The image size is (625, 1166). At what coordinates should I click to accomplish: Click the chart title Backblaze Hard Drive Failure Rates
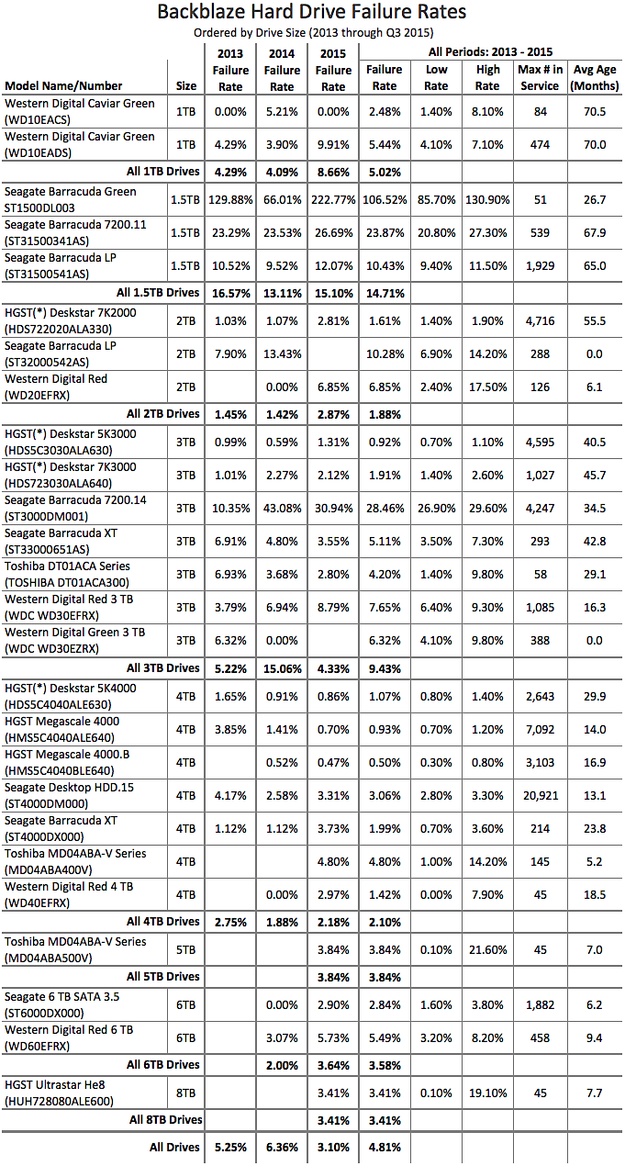point(312,12)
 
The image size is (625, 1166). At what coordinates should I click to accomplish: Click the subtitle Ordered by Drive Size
point(312,32)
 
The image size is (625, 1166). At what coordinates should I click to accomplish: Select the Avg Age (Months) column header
point(595,78)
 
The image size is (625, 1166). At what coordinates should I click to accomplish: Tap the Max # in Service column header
point(539,78)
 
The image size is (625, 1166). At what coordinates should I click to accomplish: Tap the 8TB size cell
point(186,1093)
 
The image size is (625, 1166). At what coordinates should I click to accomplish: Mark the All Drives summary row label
point(174,1148)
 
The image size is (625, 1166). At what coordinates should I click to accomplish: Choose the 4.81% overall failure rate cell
point(384,1148)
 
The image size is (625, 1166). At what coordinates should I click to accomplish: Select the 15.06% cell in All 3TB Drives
point(282,667)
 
